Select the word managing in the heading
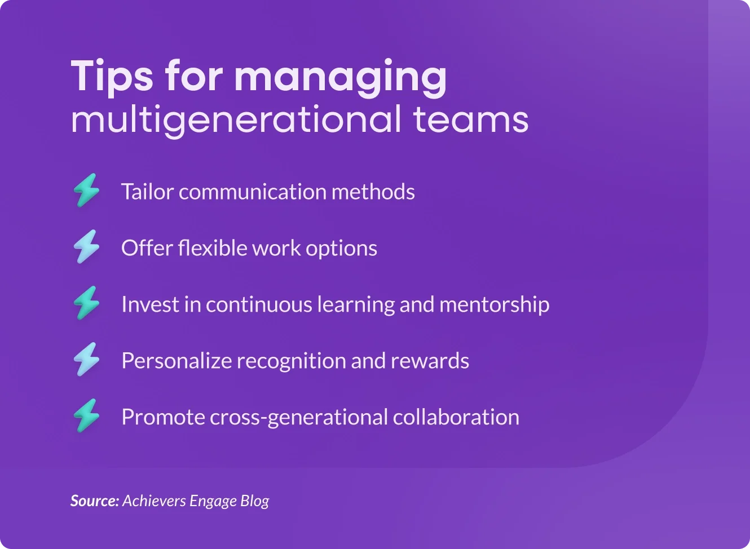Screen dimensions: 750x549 (x=340, y=78)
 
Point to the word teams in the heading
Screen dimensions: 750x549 (x=471, y=119)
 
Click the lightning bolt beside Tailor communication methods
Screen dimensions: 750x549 (x=86, y=190)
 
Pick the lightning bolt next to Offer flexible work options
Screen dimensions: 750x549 (x=86, y=246)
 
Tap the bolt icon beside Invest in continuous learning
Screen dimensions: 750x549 (x=86, y=303)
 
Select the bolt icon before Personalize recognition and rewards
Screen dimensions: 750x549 (x=86, y=359)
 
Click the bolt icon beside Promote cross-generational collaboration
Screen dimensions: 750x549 (x=86, y=415)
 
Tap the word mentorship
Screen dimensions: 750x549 (x=494, y=304)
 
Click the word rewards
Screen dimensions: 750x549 (x=430, y=361)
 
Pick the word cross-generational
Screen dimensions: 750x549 (x=299, y=418)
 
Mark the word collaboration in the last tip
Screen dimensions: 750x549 (x=456, y=417)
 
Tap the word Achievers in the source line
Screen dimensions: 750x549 (x=154, y=501)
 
